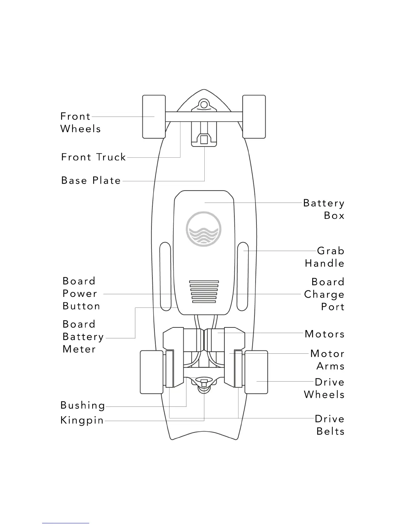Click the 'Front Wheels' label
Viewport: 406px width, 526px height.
pyautogui.click(x=80, y=123)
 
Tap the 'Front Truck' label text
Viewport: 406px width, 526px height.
pyautogui.click(x=94, y=157)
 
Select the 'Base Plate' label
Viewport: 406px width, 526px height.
pyautogui.click(x=91, y=181)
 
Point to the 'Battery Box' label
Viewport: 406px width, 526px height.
pyautogui.click(x=324, y=209)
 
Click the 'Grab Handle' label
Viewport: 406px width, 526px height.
pyautogui.click(x=325, y=257)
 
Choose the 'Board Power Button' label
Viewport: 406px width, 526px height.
pyautogui.click(x=81, y=294)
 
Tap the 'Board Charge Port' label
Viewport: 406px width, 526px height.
pyautogui.click(x=324, y=294)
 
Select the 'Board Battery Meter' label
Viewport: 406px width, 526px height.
pyautogui.click(x=83, y=337)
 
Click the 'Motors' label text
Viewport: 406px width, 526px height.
pyautogui.click(x=325, y=334)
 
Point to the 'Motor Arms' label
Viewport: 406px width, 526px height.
pyautogui.click(x=327, y=360)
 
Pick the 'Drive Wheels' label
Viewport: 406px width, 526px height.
pyautogui.click(x=324, y=388)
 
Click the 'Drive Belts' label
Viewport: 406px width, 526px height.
pyautogui.click(x=330, y=425)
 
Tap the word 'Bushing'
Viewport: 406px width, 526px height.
pyautogui.click(x=83, y=405)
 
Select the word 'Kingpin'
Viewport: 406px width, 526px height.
pyautogui.click(x=82, y=420)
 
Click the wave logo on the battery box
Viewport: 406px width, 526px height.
pyautogui.click(x=204, y=229)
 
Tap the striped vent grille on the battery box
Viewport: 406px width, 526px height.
pyautogui.click(x=204, y=292)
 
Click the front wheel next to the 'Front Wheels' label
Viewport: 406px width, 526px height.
pyautogui.click(x=154, y=117)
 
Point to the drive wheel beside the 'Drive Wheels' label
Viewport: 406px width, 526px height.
pyautogui.click(x=256, y=372)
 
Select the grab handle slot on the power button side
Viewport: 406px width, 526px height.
pyautogui.click(x=165, y=276)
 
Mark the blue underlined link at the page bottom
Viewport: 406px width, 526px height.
pyautogui.click(x=65, y=523)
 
